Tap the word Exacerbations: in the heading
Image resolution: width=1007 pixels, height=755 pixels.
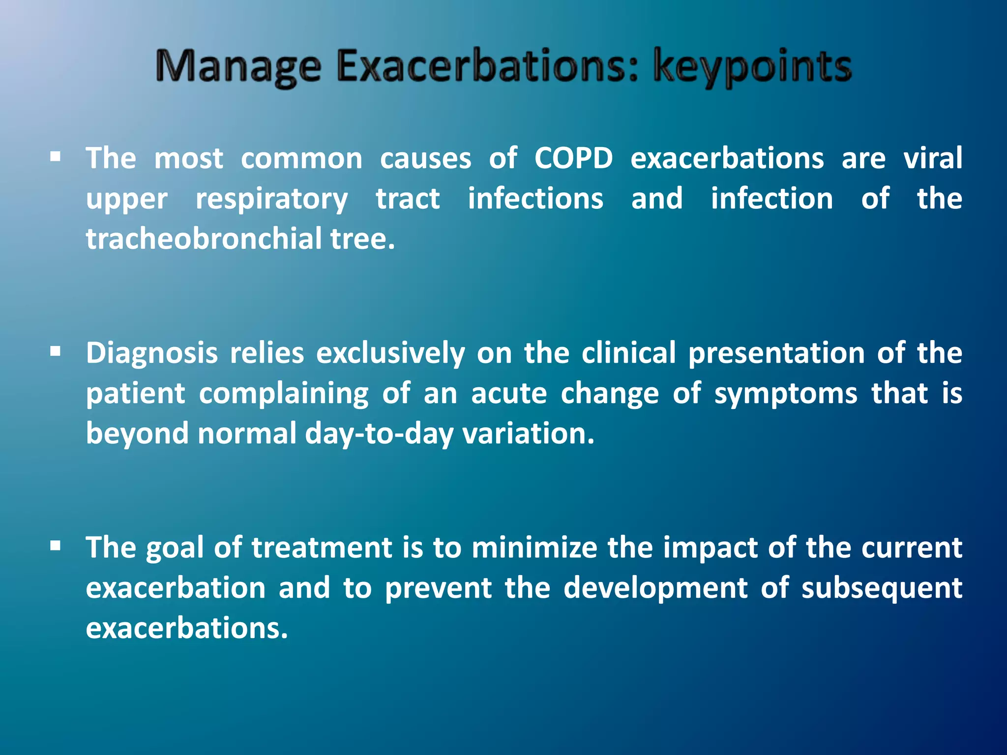click(x=487, y=66)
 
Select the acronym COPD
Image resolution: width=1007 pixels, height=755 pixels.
click(x=573, y=158)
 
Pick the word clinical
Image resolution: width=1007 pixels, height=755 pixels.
click(x=628, y=353)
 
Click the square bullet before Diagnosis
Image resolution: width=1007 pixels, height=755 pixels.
click(x=55, y=351)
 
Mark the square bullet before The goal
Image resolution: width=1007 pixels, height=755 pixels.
click(x=55, y=546)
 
